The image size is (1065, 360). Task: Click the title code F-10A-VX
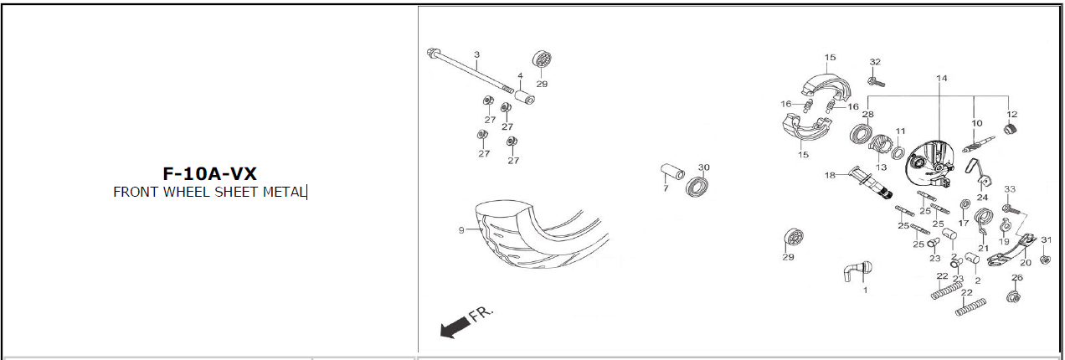point(209,174)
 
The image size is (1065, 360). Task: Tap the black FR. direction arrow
point(455,327)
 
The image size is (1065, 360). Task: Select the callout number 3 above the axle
point(477,54)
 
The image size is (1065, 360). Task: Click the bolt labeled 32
point(876,82)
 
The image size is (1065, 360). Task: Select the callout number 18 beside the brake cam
point(830,175)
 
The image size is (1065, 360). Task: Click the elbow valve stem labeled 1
point(858,271)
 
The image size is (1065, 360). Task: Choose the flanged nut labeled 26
point(1014,296)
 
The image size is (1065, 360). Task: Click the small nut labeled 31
point(1045,260)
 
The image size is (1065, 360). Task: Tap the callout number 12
point(1011,114)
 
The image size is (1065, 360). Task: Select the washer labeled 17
point(965,204)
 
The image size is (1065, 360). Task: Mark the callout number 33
point(1010,189)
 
